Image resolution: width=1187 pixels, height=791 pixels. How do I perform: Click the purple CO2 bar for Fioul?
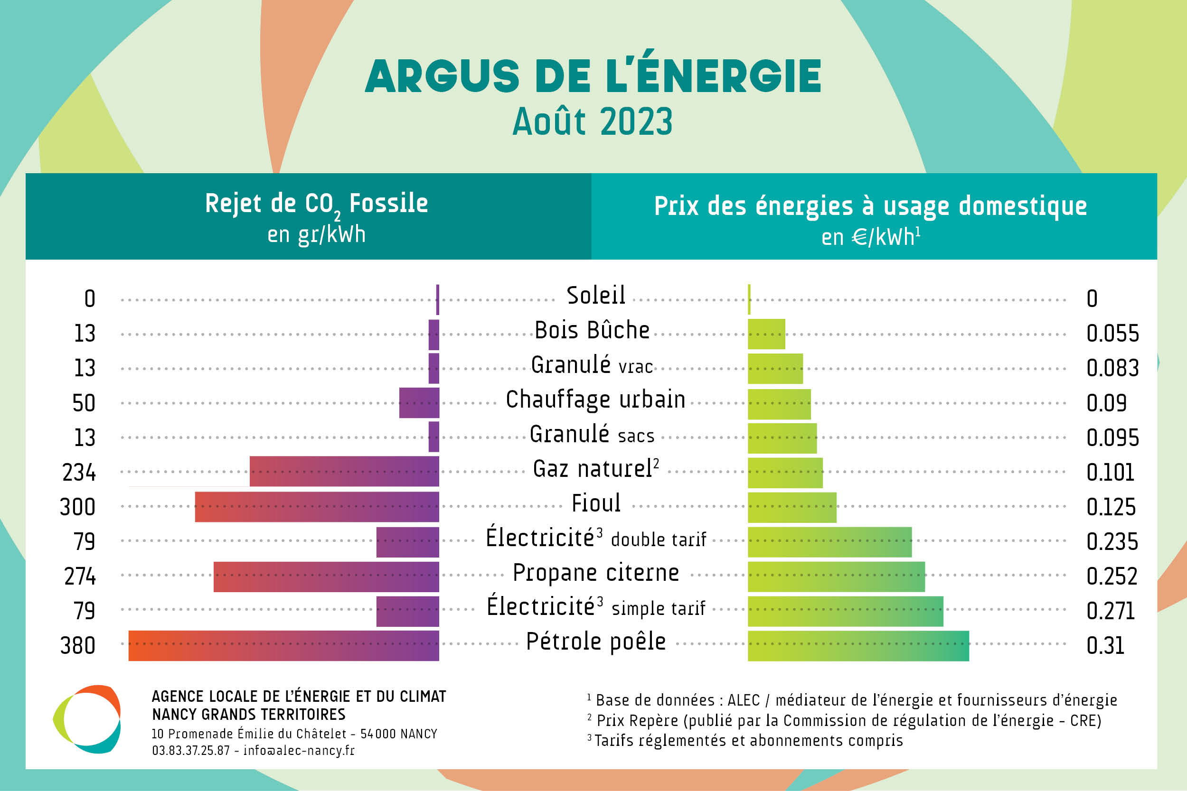317,506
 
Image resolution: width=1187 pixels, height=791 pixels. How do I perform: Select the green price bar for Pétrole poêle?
858,645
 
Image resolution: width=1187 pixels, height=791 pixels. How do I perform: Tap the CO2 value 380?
78,645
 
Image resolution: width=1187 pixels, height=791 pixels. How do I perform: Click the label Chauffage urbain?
595,400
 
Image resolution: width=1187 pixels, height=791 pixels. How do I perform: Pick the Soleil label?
595,295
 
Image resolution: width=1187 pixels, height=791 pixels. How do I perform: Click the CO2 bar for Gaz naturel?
344,472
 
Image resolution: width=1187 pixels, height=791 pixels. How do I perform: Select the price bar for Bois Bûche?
766,334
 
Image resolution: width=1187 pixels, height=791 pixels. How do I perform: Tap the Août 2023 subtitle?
593,122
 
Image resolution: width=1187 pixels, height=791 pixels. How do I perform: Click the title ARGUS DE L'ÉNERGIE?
593,76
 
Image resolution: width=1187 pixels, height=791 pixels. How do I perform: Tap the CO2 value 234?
79,472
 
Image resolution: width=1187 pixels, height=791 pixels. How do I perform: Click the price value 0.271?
1110,611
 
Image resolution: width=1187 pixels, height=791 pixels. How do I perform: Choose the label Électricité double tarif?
595,538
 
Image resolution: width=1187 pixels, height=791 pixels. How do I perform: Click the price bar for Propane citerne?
836,576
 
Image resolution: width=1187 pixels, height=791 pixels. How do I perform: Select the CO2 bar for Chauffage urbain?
419,402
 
